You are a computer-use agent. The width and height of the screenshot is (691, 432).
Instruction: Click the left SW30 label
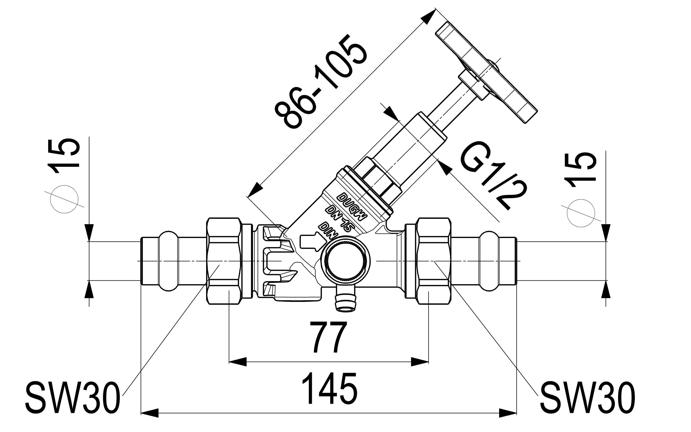[x=71, y=402]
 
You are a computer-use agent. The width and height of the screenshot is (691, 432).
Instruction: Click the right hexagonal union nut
[x=433, y=261]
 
